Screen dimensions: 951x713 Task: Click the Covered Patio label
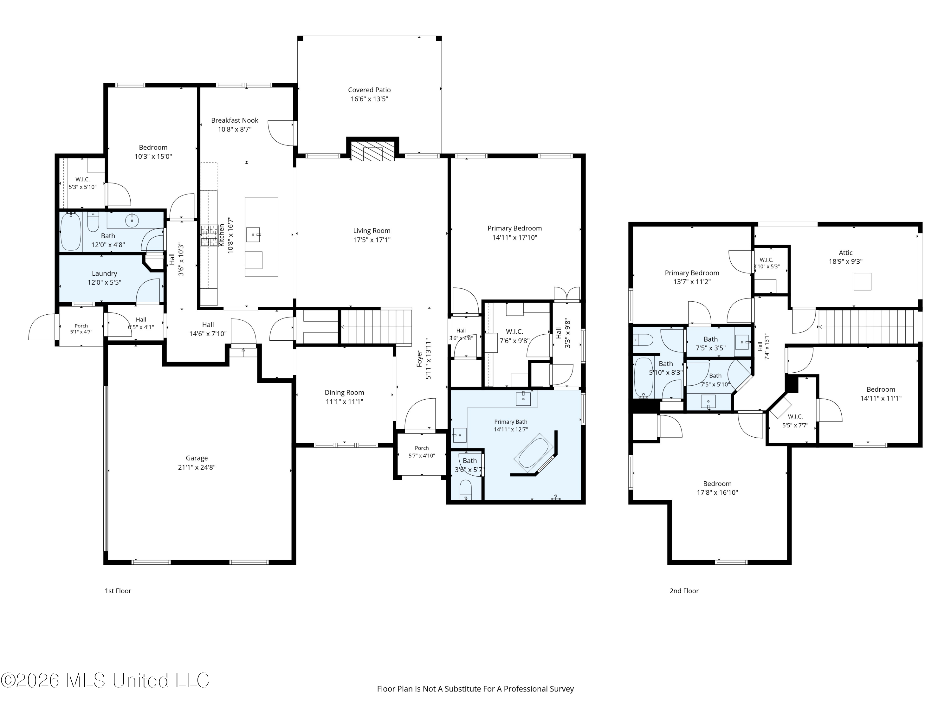[x=369, y=90]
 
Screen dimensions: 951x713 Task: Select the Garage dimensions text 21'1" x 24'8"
[x=197, y=467]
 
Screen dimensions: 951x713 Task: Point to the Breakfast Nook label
[x=235, y=120]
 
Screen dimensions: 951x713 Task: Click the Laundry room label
[x=105, y=273]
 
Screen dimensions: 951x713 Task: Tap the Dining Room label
[x=344, y=392]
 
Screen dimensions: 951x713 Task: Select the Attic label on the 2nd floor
[x=846, y=253]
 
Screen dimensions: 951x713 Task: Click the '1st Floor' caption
[x=118, y=591]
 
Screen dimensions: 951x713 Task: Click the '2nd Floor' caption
[x=684, y=591]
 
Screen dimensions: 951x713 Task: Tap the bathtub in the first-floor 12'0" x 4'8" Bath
[x=71, y=231]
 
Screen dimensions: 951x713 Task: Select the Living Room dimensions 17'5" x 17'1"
[x=372, y=240]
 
